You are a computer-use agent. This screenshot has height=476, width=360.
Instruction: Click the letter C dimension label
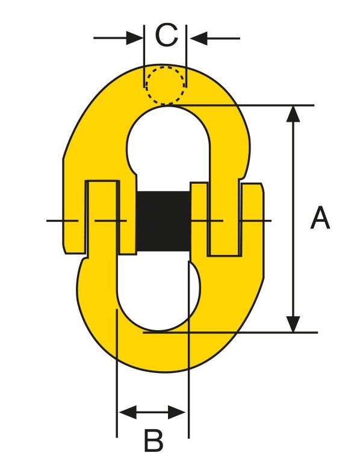pyautogui.click(x=166, y=36)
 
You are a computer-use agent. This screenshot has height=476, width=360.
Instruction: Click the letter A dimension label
pyautogui.click(x=320, y=218)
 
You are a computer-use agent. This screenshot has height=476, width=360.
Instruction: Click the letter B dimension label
pyautogui.click(x=153, y=440)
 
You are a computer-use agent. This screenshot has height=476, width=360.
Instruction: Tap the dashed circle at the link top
pyautogui.click(x=166, y=85)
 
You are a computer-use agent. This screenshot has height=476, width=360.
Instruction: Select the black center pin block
pyautogui.click(x=164, y=221)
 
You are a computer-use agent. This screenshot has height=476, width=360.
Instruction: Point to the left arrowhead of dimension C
pyautogui.click(x=135, y=38)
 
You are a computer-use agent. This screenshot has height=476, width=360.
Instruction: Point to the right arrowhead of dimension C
pyautogui.click(x=199, y=38)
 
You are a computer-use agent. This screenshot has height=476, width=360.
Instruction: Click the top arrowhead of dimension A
pyautogui.click(x=293, y=114)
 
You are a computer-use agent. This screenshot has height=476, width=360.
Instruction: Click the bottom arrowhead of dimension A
pyautogui.click(x=293, y=324)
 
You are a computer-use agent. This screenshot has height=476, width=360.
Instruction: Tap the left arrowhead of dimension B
pyautogui.click(x=128, y=412)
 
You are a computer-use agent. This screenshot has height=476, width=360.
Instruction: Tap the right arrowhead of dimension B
pyautogui.click(x=176, y=412)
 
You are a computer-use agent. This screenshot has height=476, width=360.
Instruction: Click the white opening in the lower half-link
pyautogui.click(x=158, y=292)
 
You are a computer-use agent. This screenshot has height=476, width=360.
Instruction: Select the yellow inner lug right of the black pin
pyautogui.click(x=199, y=219)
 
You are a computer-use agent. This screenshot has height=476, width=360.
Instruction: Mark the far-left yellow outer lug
pyautogui.click(x=73, y=210)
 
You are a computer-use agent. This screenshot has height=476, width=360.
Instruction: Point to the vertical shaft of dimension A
pyautogui.click(x=293, y=219)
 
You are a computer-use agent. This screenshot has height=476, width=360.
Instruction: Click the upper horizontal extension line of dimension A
pyautogui.click(x=240, y=105)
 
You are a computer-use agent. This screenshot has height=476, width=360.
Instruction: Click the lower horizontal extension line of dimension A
pyautogui.click(x=231, y=333)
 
